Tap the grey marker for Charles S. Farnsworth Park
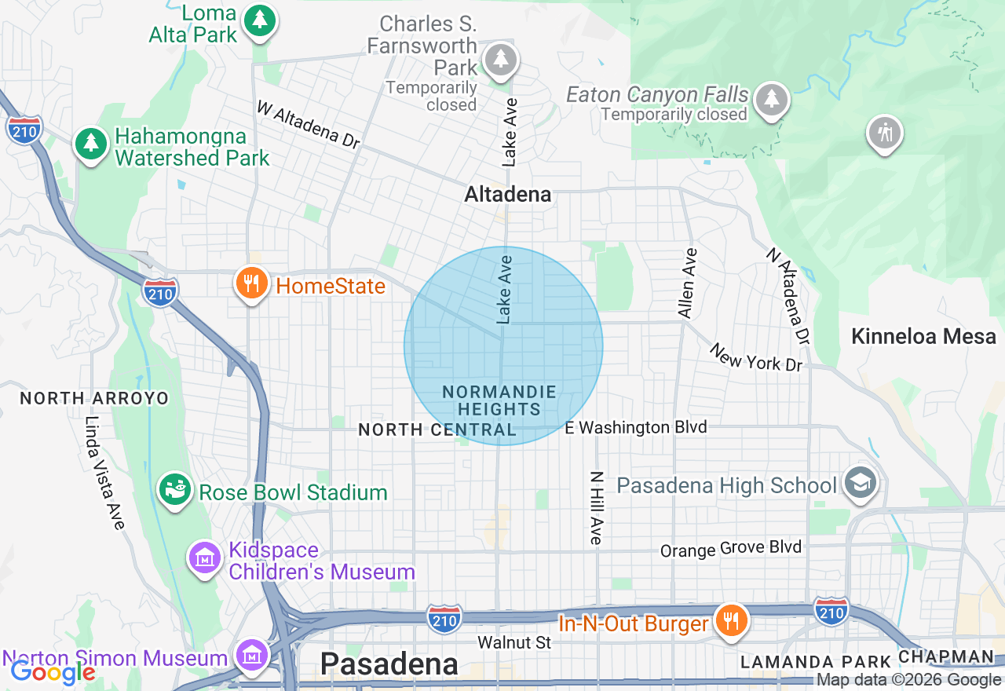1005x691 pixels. tap(500, 60)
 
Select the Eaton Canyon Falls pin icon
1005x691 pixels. tap(772, 99)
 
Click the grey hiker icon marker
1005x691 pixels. tap(885, 133)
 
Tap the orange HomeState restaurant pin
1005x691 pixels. tap(251, 283)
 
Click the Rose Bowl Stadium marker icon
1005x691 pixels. tap(175, 491)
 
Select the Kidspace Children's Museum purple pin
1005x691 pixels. tap(205, 558)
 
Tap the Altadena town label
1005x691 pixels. tap(508, 194)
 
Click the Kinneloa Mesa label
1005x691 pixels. tap(923, 337)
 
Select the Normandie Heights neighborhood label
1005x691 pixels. tap(499, 400)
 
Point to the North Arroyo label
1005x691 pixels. tap(94, 398)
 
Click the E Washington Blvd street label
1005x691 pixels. tap(636, 428)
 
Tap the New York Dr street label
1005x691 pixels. tap(755, 357)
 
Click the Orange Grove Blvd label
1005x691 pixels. tap(731, 549)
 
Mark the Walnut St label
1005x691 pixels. tap(514, 642)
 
